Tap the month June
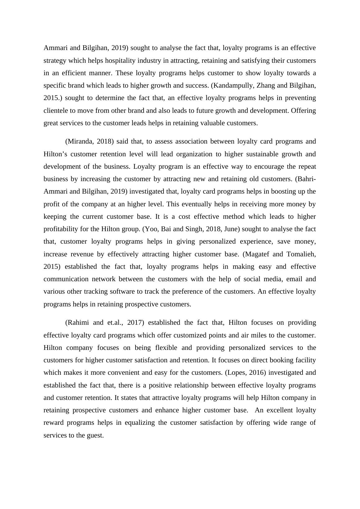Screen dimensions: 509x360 pos(231,229)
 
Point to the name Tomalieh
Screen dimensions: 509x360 pos(300,254)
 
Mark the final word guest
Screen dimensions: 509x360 pos(95,435)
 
